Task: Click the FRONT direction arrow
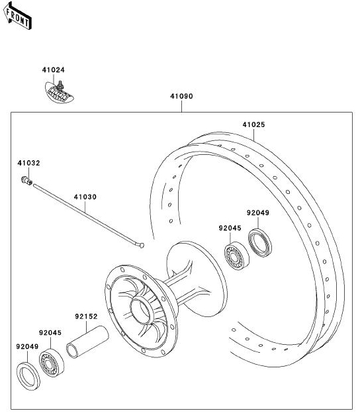click(18, 15)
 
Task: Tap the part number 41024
click(53, 70)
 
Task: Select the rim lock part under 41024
click(59, 92)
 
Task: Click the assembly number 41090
click(181, 96)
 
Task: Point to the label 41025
click(253, 124)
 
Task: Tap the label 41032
click(28, 163)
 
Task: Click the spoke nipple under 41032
click(26, 181)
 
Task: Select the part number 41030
click(85, 197)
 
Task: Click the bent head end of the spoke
click(141, 245)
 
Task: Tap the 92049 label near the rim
click(258, 212)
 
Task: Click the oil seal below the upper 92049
click(260, 242)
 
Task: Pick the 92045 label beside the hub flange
click(230, 228)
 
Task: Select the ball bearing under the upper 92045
click(237, 256)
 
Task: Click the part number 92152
click(86, 316)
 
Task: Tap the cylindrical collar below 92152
click(87, 342)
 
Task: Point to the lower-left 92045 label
click(50, 333)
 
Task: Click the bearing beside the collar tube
click(52, 363)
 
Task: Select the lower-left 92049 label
click(27, 347)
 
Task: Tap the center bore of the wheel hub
click(142, 310)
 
